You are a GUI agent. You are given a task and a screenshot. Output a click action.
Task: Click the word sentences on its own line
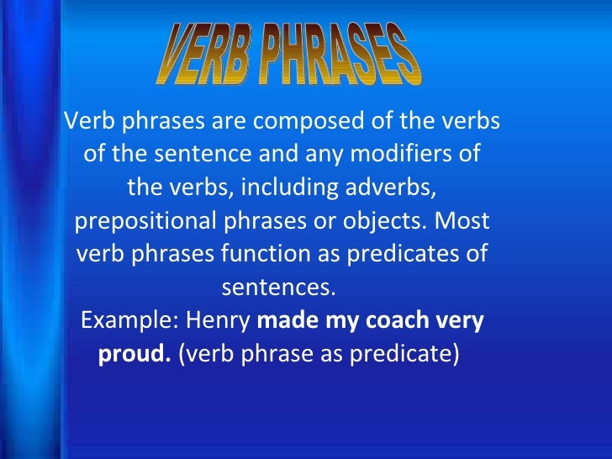[x=277, y=288]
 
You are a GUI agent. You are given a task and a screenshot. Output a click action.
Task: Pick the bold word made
[x=282, y=320]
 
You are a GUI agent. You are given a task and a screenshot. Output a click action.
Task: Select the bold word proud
[x=135, y=353]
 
